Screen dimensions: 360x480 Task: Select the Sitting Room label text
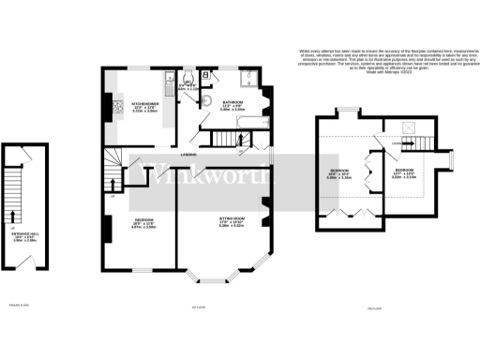(x=231, y=222)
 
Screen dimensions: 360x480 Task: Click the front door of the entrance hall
(x=26, y=265)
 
